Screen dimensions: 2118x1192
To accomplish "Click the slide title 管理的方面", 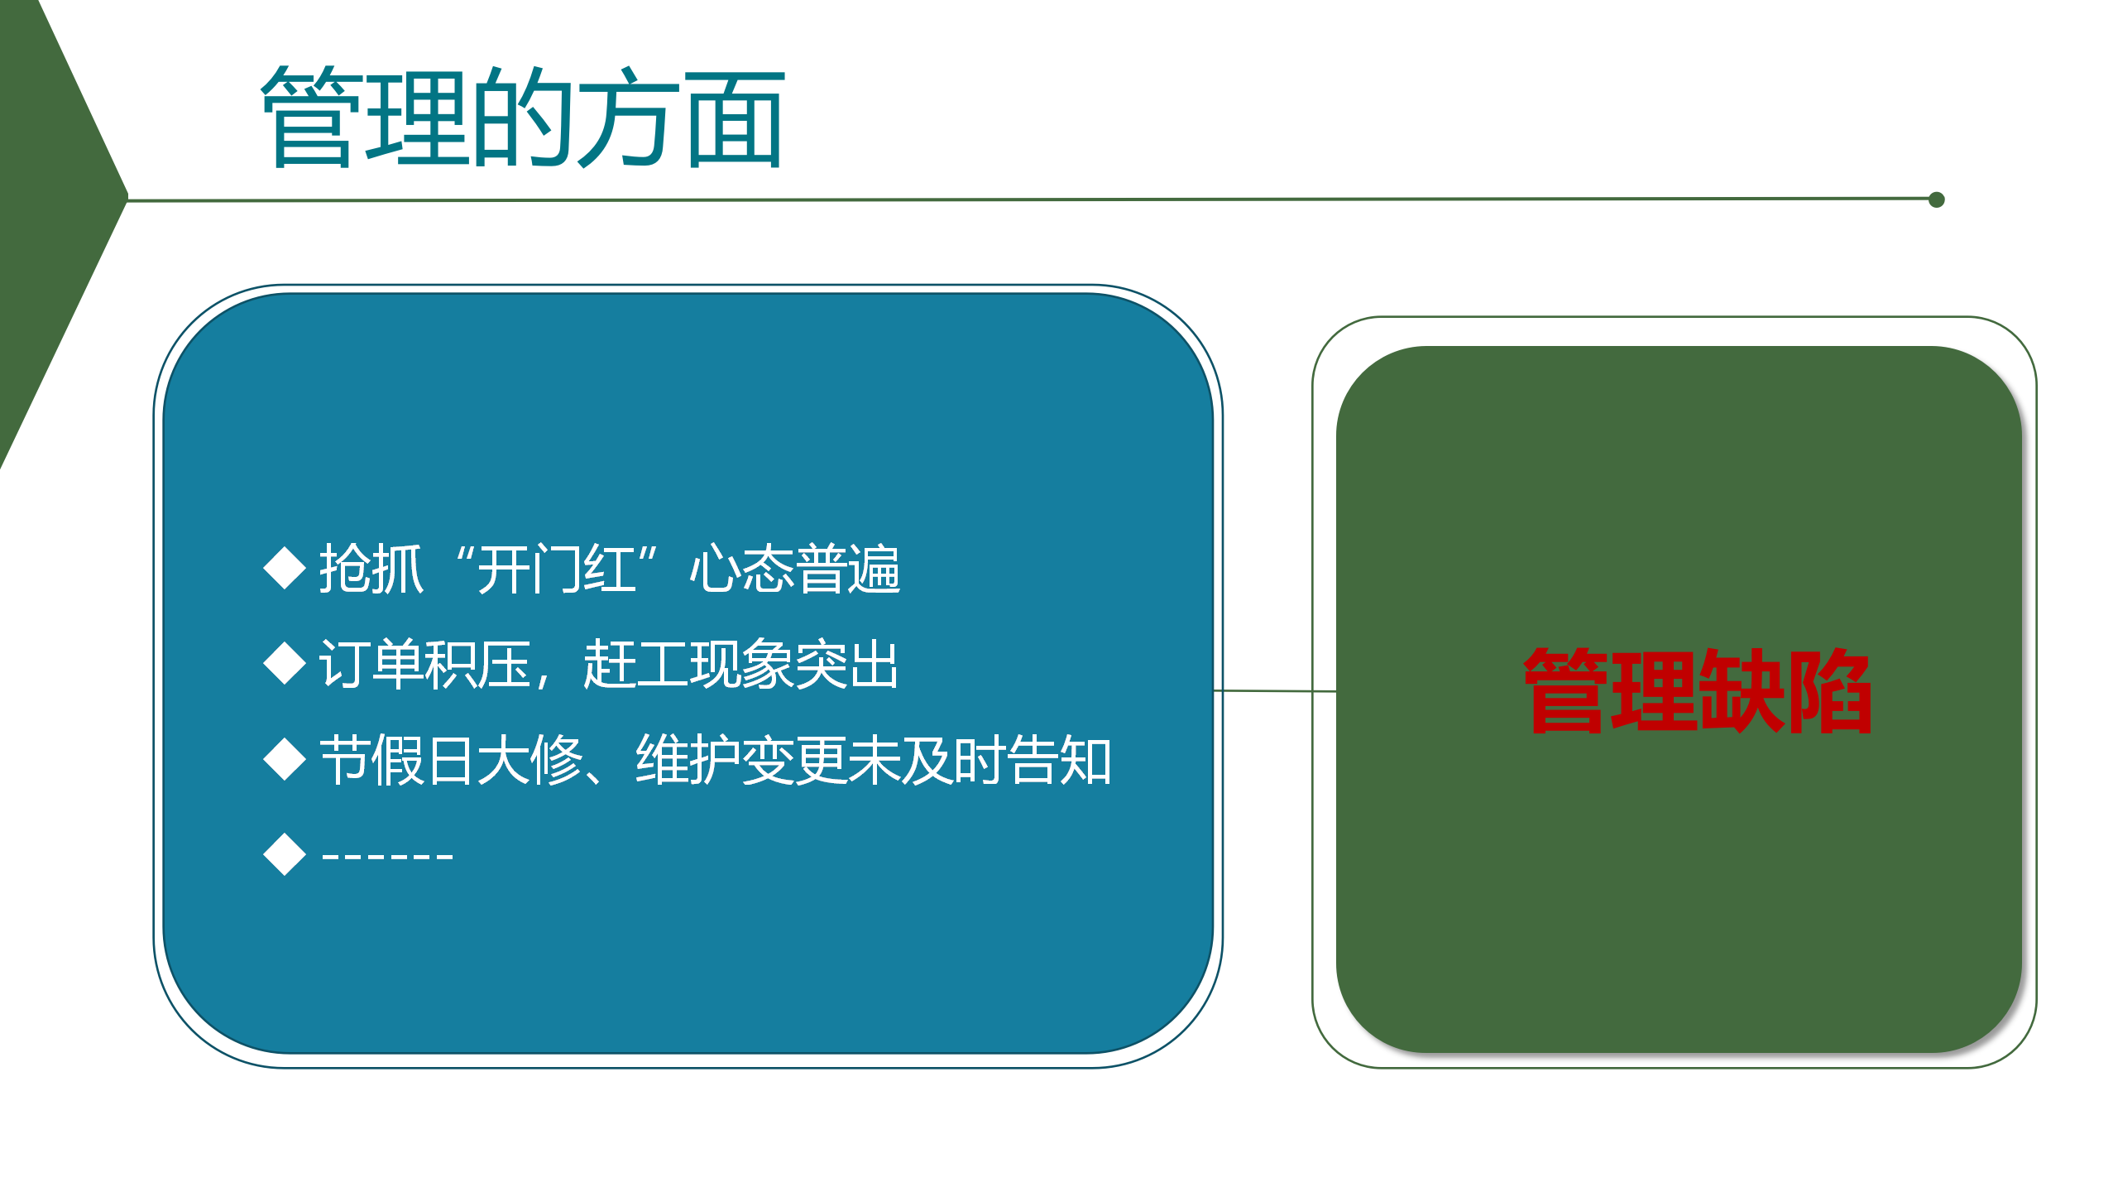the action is click(x=523, y=117).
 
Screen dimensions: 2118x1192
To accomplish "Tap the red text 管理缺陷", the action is click(x=1698, y=690).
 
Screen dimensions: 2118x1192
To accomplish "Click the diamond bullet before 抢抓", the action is click(x=285, y=568).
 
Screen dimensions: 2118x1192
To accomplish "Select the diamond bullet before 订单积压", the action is click(x=285, y=663).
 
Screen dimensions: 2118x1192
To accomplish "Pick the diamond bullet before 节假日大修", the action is click(x=285, y=759).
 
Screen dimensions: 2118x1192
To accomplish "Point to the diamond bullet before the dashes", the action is click(x=285, y=854).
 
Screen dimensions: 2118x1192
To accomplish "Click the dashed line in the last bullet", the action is click(x=387, y=856).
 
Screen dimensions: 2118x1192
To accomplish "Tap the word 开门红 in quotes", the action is click(x=557, y=570).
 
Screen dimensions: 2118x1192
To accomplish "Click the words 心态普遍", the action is click(x=795, y=570).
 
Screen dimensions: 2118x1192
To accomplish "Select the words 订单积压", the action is click(x=425, y=664).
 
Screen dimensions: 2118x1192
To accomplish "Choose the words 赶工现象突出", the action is click(x=741, y=664).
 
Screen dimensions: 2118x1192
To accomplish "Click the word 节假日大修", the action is click(x=452, y=760).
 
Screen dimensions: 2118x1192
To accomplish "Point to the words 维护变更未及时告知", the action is click(x=874, y=760).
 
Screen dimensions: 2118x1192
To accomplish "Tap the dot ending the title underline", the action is click(x=1936, y=199).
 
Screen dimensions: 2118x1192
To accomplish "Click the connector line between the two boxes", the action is click(x=1275, y=690).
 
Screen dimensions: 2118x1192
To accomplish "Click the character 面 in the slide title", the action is click(x=736, y=118).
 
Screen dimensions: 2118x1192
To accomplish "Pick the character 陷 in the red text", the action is click(x=1830, y=690).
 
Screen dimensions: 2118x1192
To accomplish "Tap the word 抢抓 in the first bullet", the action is click(x=371, y=570).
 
